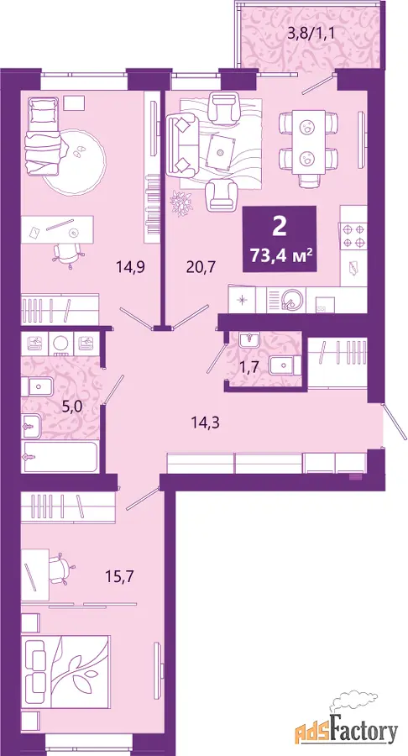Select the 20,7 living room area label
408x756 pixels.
199,265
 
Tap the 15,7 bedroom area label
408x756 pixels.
118,575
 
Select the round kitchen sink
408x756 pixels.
291,299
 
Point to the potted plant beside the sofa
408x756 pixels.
182,202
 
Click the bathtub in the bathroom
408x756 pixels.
60,456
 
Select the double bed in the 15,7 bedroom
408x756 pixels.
65,672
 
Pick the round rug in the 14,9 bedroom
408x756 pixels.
75,161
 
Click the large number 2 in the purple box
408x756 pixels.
279,227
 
